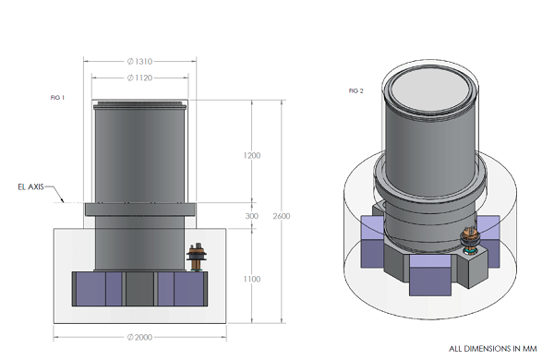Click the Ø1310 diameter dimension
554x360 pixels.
[140, 62]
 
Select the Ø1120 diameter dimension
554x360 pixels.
[140, 78]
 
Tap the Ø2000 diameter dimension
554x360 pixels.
[140, 338]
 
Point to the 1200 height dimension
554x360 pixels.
[252, 155]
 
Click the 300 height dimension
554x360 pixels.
[252, 216]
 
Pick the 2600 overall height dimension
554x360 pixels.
[282, 216]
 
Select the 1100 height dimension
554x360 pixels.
[252, 279]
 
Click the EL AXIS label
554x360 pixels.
[30, 186]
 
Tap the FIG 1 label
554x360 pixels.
[57, 98]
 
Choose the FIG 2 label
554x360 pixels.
[356, 90]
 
